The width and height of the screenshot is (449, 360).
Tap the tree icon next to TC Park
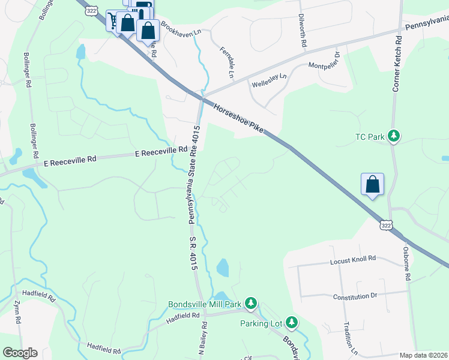point(394,136)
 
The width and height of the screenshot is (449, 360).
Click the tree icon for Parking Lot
point(292,323)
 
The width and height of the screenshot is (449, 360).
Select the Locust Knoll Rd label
point(353,259)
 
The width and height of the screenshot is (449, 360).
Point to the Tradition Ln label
point(348,336)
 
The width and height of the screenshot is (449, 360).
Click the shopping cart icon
point(112,20)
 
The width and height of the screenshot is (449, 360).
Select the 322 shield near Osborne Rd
point(387,224)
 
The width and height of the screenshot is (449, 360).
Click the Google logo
point(20,353)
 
